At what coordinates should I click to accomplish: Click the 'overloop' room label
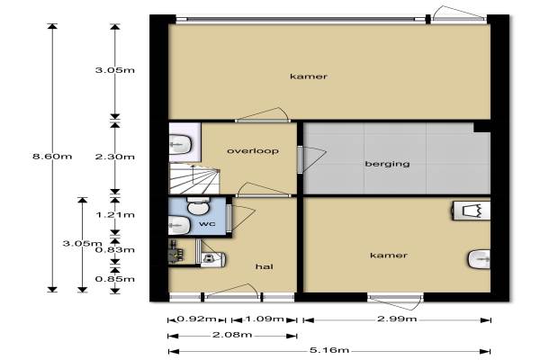(253, 151)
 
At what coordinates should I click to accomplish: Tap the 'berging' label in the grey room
(387, 163)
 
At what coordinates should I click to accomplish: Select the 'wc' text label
(207, 223)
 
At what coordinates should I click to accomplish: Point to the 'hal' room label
(264, 266)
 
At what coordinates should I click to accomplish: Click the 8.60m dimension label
(52, 157)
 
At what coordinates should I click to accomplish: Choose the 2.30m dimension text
(115, 157)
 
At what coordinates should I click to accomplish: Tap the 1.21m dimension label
(115, 215)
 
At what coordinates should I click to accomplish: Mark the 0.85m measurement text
(115, 279)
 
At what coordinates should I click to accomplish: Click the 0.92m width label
(196, 319)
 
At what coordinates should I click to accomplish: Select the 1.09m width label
(265, 319)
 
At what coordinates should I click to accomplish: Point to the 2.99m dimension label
(397, 319)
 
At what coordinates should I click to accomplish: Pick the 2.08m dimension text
(232, 335)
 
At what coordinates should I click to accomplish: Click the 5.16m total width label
(329, 350)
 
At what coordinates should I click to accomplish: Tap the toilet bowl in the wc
(197, 206)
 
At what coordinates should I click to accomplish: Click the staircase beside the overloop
(194, 178)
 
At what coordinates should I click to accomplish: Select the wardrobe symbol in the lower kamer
(471, 211)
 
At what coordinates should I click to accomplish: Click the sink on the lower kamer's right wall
(480, 259)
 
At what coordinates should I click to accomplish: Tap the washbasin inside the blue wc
(179, 225)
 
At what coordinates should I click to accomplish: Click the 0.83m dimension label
(115, 250)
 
